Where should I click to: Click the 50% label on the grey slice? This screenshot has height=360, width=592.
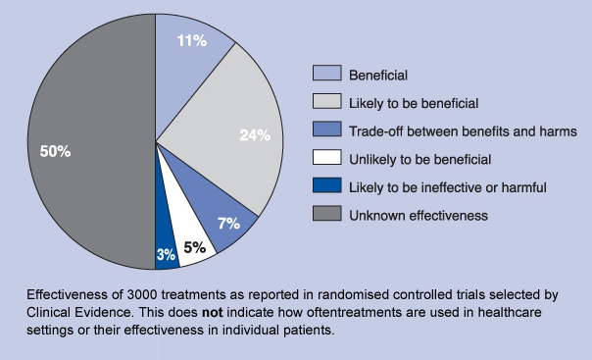click(x=55, y=151)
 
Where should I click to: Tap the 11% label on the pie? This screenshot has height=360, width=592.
click(x=191, y=40)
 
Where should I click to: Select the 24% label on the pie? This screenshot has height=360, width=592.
click(x=254, y=135)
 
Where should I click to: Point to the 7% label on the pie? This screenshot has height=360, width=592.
click(x=229, y=223)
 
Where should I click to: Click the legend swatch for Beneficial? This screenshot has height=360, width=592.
click(x=327, y=74)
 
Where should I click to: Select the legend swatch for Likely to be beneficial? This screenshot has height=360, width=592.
click(x=327, y=102)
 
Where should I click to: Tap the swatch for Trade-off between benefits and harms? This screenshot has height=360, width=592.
click(x=327, y=130)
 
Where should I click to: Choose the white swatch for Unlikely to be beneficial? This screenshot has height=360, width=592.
click(x=327, y=158)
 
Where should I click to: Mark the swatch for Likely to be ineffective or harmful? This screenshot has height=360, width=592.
click(x=327, y=186)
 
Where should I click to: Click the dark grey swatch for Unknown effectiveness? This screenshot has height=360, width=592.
click(x=327, y=215)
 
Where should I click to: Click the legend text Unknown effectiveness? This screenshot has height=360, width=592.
click(x=419, y=215)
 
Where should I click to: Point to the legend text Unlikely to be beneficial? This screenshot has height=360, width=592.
click(x=421, y=158)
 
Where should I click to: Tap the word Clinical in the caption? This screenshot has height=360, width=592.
click(x=52, y=312)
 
